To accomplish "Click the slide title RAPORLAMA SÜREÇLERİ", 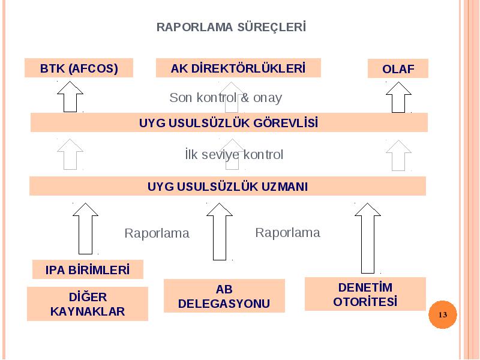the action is (x=231, y=27).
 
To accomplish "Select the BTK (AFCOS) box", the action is (x=79, y=68).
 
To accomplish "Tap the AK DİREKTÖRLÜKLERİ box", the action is (x=238, y=68).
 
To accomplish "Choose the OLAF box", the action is (x=398, y=68).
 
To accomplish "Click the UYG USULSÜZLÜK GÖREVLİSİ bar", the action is (x=229, y=122).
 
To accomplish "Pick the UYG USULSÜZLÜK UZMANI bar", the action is (x=227, y=186).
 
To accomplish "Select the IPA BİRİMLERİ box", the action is (x=88, y=269).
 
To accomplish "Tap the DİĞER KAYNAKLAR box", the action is (x=88, y=304).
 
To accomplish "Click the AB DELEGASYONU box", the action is (x=224, y=296).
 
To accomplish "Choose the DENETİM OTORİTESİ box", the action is (x=365, y=294).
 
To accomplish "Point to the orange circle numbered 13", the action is (x=443, y=314).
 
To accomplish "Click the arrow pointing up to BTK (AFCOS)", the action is (x=70, y=97).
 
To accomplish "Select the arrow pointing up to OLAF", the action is (x=398, y=97).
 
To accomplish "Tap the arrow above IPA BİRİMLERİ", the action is (x=85, y=229).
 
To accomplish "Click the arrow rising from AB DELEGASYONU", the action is (x=220, y=232).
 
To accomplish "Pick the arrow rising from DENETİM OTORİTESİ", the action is (x=368, y=238).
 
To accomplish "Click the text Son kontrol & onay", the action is (x=226, y=98).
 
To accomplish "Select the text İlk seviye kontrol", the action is (x=234, y=154).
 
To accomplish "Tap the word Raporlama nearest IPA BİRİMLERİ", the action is (x=157, y=233).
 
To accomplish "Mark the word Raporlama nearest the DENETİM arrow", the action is (x=288, y=233).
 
